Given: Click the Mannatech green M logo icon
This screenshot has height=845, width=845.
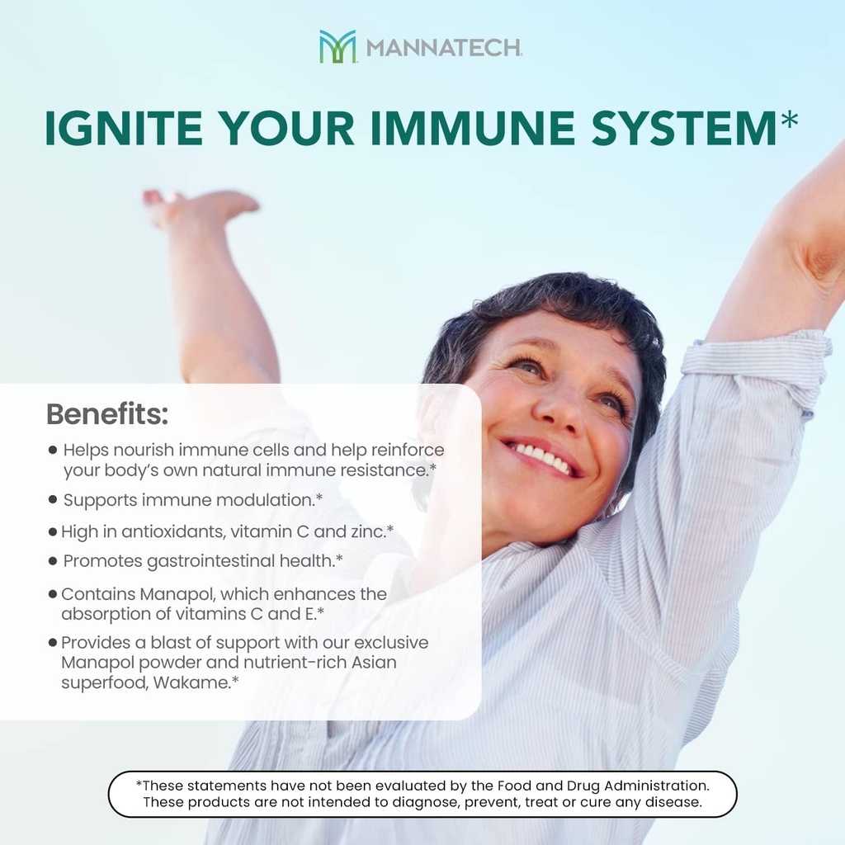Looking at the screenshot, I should (337, 46).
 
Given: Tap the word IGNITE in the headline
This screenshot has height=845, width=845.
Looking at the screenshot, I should (119, 128).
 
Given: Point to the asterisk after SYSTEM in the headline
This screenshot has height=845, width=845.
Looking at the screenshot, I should (789, 121).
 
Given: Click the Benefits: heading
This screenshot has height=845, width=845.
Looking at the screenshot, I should (106, 414).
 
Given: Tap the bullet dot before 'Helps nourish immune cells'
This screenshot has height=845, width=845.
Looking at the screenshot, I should (53, 451).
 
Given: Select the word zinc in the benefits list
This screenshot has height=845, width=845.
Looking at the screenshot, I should (367, 532).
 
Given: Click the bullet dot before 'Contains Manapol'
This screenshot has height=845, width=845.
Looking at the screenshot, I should (53, 594).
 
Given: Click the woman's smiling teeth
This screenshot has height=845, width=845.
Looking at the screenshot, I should (541, 457).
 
